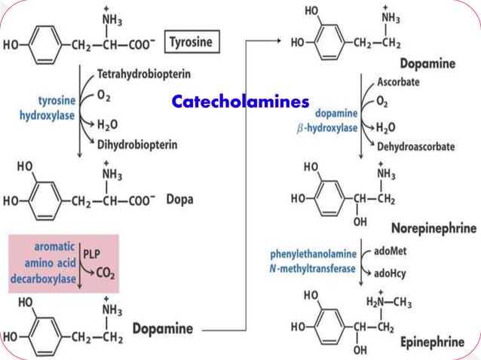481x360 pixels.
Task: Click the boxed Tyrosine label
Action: [194, 42]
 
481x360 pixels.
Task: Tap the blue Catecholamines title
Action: [240, 101]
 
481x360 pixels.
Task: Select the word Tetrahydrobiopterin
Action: [144, 75]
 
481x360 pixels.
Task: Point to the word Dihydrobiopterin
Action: [136, 145]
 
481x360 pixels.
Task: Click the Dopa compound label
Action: [180, 200]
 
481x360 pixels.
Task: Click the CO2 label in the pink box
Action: [105, 276]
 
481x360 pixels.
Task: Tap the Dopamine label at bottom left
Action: [163, 328]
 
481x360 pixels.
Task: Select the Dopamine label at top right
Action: [427, 63]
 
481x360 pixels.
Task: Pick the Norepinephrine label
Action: [434, 227]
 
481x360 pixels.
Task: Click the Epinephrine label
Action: [433, 343]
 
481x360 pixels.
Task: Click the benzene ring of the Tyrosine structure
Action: [45, 44]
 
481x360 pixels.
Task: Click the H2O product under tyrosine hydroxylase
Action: [108, 124]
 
